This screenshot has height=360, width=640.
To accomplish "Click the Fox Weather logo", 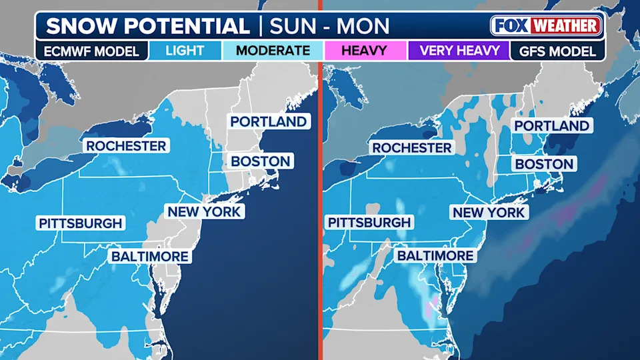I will click(546, 26).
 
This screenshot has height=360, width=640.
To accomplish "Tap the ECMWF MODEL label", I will click(92, 51).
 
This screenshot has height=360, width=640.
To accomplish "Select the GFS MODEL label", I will click(557, 51).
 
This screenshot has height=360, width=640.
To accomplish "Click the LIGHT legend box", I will click(185, 51).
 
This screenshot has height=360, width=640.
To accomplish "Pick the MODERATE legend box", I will click(273, 51).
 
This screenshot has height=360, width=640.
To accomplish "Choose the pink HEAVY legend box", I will click(365, 51).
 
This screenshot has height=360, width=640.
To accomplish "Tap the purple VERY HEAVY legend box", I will click(459, 51).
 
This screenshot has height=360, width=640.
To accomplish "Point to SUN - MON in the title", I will click(329, 26).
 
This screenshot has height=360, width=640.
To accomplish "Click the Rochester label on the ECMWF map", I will click(125, 145).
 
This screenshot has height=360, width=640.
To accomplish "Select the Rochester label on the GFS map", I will click(412, 147).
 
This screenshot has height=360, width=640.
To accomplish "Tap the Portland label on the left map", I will click(268, 121).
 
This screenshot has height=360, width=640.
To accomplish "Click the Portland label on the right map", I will click(551, 126).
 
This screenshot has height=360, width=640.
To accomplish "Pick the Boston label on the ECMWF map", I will click(261, 161).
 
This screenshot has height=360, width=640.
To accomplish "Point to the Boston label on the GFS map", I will click(544, 164).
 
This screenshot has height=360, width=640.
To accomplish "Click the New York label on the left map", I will click(205, 212).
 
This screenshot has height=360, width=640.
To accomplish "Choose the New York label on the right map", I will click(489, 213).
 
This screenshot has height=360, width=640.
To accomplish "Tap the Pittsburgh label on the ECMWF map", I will click(81, 223).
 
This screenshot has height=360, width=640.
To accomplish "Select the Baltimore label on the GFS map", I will click(435, 255).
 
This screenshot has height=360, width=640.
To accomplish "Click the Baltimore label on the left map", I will click(150, 256).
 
